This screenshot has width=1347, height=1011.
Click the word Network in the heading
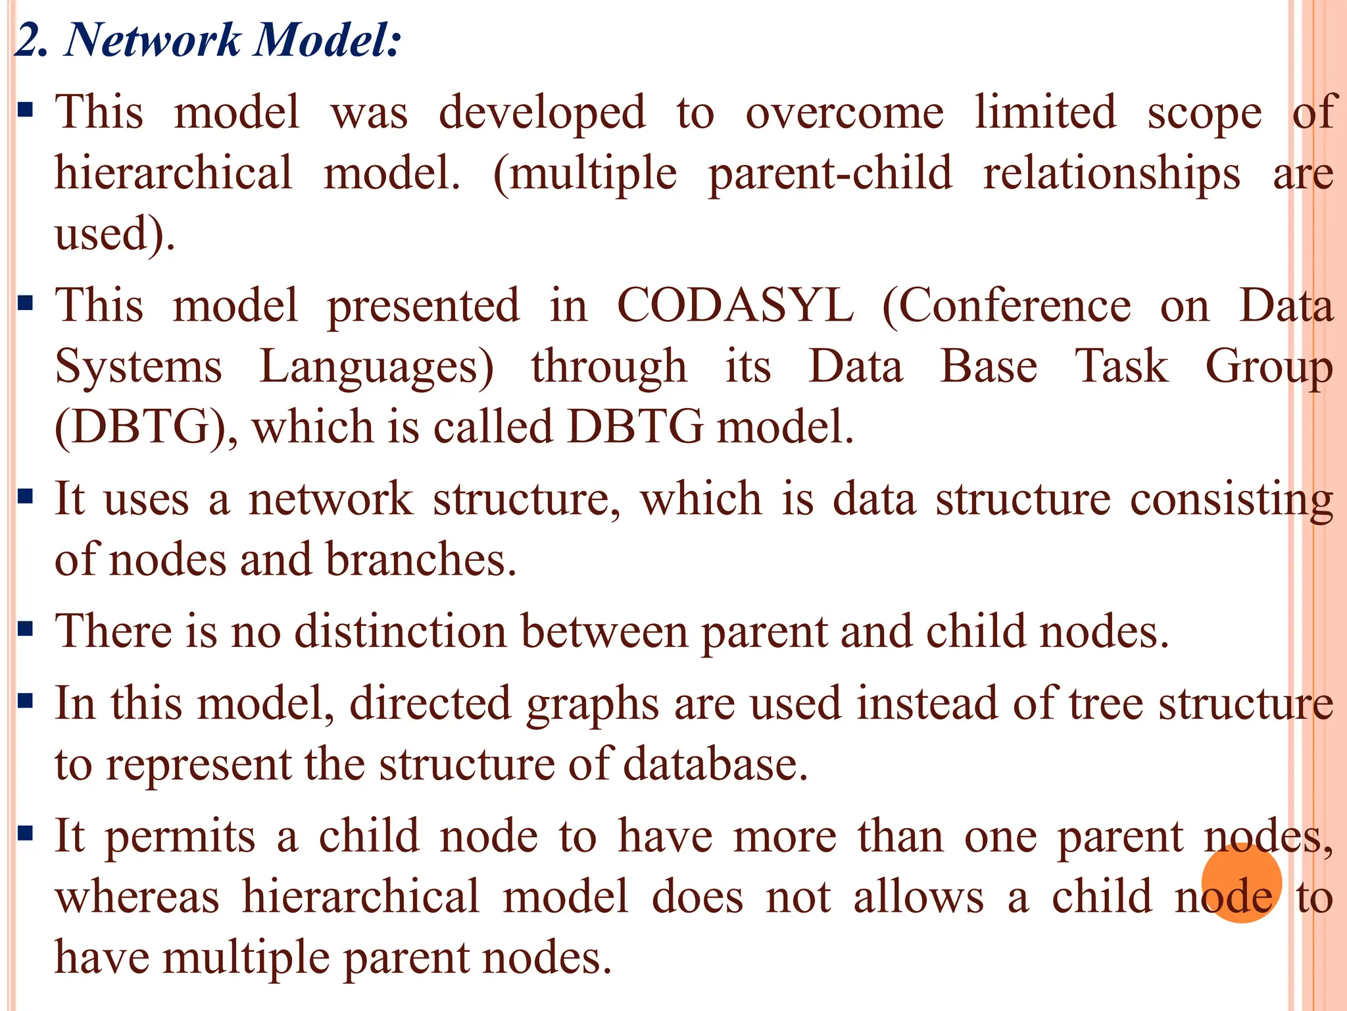(152, 41)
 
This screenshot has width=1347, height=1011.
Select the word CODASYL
(735, 306)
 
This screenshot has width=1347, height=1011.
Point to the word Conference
(1006, 306)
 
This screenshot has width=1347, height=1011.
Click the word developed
(542, 113)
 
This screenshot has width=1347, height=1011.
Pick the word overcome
(845, 113)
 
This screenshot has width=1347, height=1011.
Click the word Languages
(376, 367)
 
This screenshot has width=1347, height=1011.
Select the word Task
(1121, 366)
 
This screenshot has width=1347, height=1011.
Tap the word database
(715, 765)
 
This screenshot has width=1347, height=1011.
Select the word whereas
(137, 897)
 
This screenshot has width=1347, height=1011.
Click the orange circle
(1241, 883)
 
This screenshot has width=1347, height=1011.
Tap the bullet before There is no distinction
(26, 629)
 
